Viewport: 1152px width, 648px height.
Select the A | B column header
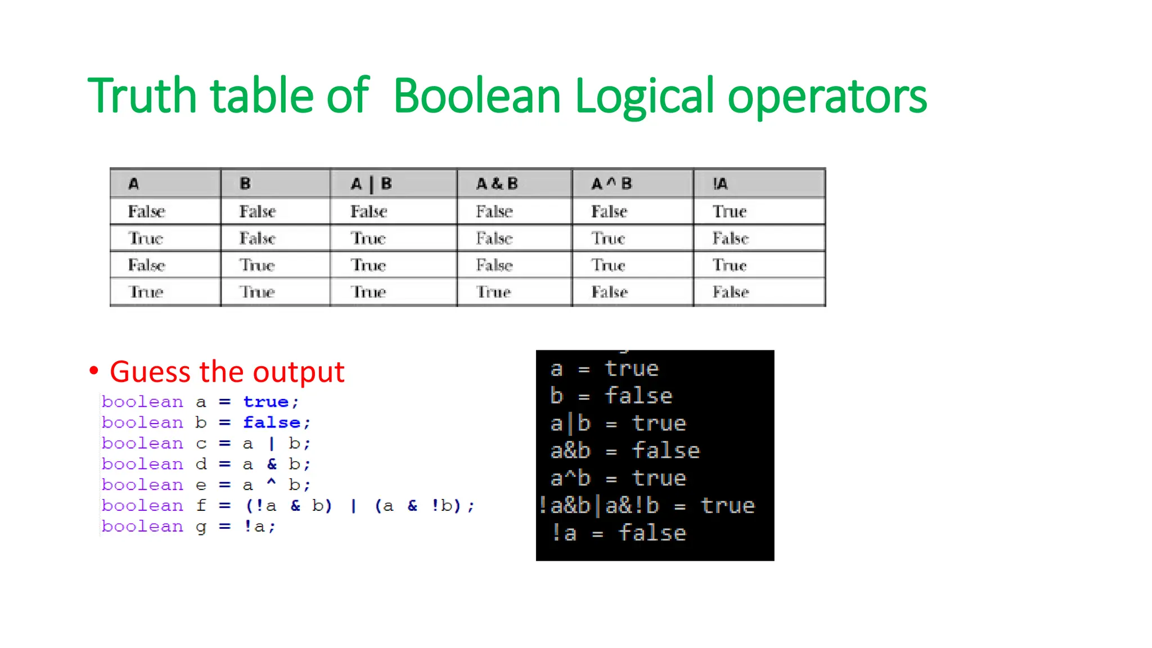tap(371, 184)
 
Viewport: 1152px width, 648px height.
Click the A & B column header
tap(497, 184)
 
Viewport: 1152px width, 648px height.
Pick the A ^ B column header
tap(611, 184)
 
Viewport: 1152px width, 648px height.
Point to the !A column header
tap(720, 184)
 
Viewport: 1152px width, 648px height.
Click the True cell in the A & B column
tap(493, 292)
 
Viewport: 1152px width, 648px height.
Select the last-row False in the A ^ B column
tap(609, 292)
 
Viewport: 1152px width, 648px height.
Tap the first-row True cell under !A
tap(730, 211)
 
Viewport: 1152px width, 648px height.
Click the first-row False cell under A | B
tap(369, 211)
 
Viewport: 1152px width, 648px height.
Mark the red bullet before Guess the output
tap(94, 371)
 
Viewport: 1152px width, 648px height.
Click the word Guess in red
tap(150, 372)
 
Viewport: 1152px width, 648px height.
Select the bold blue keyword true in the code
tap(265, 402)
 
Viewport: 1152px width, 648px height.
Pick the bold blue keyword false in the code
tap(272, 422)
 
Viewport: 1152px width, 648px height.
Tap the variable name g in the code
tap(201, 527)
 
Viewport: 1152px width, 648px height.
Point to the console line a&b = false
tap(624, 451)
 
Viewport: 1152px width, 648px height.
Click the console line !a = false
tap(619, 533)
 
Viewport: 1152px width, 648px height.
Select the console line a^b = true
tap(618, 478)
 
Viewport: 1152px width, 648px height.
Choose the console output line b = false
tap(611, 396)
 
